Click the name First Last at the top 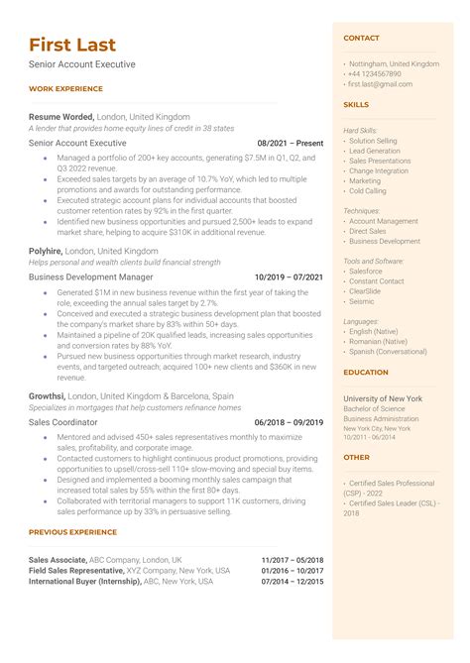pyautogui.click(x=72, y=45)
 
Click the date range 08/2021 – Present pyautogui.click(x=290, y=143)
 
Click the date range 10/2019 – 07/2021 pyautogui.click(x=289, y=277)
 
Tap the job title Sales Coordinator pyautogui.click(x=64, y=422)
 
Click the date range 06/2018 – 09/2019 pyautogui.click(x=289, y=422)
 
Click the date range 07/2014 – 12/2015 pyautogui.click(x=293, y=582)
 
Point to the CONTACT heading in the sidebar pyautogui.click(x=361, y=38)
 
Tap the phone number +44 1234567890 pyautogui.click(x=374, y=73)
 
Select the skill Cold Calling pyautogui.click(x=368, y=191)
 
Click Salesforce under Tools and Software pyautogui.click(x=366, y=271)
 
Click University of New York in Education pyautogui.click(x=383, y=397)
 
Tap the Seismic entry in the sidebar pyautogui.click(x=362, y=301)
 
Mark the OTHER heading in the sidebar pyautogui.click(x=356, y=458)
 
